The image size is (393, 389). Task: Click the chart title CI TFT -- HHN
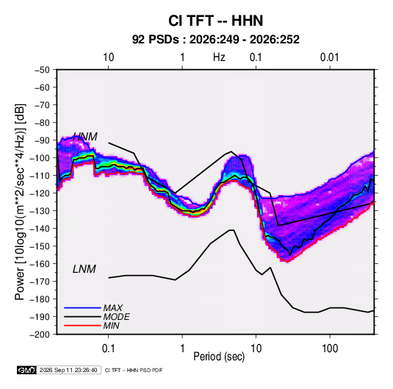pyautogui.click(x=215, y=21)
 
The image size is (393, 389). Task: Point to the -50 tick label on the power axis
pyautogui.click(x=43, y=70)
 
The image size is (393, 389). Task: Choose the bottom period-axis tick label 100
pyautogui.click(x=330, y=349)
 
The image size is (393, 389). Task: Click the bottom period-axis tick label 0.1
pyautogui.click(x=108, y=349)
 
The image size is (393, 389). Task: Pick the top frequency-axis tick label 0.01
pyautogui.click(x=329, y=57)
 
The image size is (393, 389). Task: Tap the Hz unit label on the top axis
pyautogui.click(x=219, y=57)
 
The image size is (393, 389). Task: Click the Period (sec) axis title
pyautogui.click(x=219, y=357)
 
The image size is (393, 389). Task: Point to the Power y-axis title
pyautogui.click(x=20, y=201)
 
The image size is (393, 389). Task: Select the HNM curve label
pyautogui.click(x=85, y=137)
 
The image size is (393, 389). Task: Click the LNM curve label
pyautogui.click(x=84, y=269)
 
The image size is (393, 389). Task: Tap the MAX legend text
pyautogui.click(x=113, y=308)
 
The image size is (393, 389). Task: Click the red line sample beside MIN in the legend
pyautogui.click(x=82, y=326)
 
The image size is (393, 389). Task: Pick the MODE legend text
pyautogui.click(x=116, y=317)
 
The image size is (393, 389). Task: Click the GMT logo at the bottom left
pyautogui.click(x=26, y=370)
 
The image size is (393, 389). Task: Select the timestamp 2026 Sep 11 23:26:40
pyautogui.click(x=68, y=370)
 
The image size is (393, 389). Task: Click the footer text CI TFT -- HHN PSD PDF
pyautogui.click(x=134, y=370)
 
